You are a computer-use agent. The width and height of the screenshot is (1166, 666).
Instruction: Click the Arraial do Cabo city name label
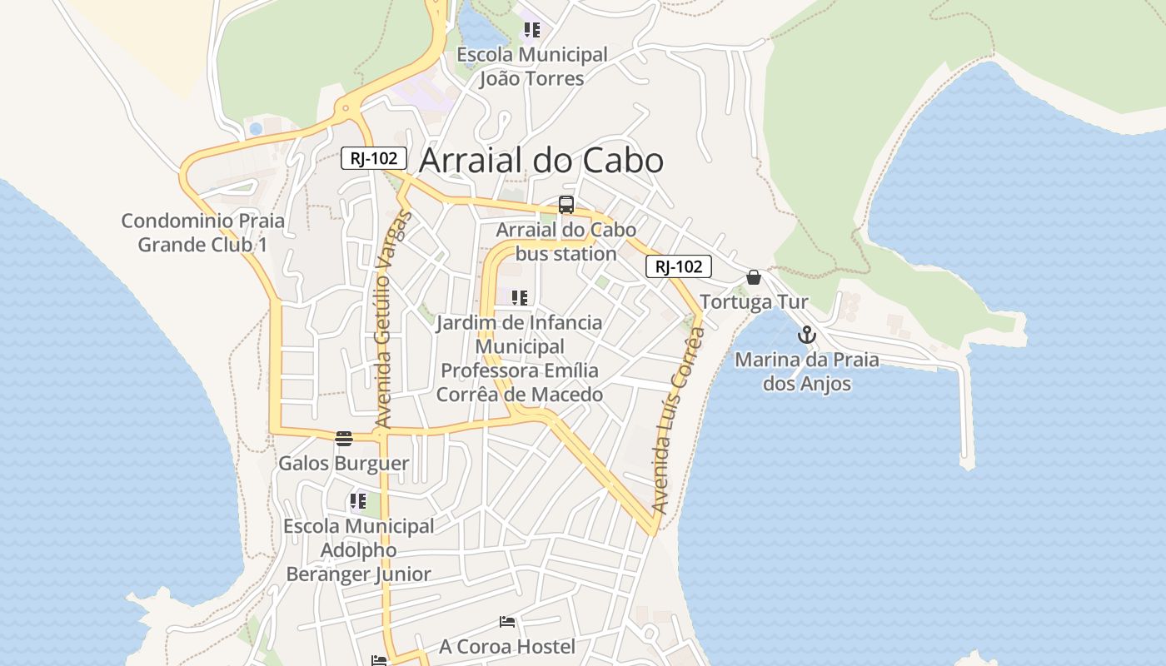tap(541, 161)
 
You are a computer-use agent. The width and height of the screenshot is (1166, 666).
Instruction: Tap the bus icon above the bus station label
tap(566, 205)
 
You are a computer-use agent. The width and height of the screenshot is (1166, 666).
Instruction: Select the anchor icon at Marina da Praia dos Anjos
tap(806, 335)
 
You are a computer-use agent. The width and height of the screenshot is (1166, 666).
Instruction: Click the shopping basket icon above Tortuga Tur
tap(754, 277)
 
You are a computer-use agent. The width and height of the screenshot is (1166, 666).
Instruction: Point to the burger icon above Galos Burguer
tap(344, 439)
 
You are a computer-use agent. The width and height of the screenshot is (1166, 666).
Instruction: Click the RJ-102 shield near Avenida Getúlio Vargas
tap(374, 158)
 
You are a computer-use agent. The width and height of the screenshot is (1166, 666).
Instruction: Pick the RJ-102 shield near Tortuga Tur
tap(679, 266)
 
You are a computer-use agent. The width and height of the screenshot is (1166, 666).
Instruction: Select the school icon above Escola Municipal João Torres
tap(531, 31)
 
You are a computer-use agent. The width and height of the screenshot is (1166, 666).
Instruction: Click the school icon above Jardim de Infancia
tap(520, 298)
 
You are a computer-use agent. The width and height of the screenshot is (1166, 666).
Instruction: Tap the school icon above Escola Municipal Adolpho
tap(358, 501)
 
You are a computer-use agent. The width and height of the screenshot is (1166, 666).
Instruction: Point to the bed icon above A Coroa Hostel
tap(507, 622)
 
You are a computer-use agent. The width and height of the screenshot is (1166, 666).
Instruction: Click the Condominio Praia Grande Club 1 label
tap(203, 233)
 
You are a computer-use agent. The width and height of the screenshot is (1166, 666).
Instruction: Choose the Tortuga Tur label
tap(754, 302)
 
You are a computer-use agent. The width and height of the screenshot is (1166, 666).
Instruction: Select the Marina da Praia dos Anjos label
tap(807, 372)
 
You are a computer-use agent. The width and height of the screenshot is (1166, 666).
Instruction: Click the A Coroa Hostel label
tap(507, 647)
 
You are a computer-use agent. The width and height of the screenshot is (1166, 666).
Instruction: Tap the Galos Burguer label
tap(344, 464)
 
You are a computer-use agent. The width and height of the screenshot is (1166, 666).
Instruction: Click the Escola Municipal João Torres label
tap(532, 67)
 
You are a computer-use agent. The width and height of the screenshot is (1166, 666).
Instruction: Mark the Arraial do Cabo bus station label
tap(566, 241)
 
